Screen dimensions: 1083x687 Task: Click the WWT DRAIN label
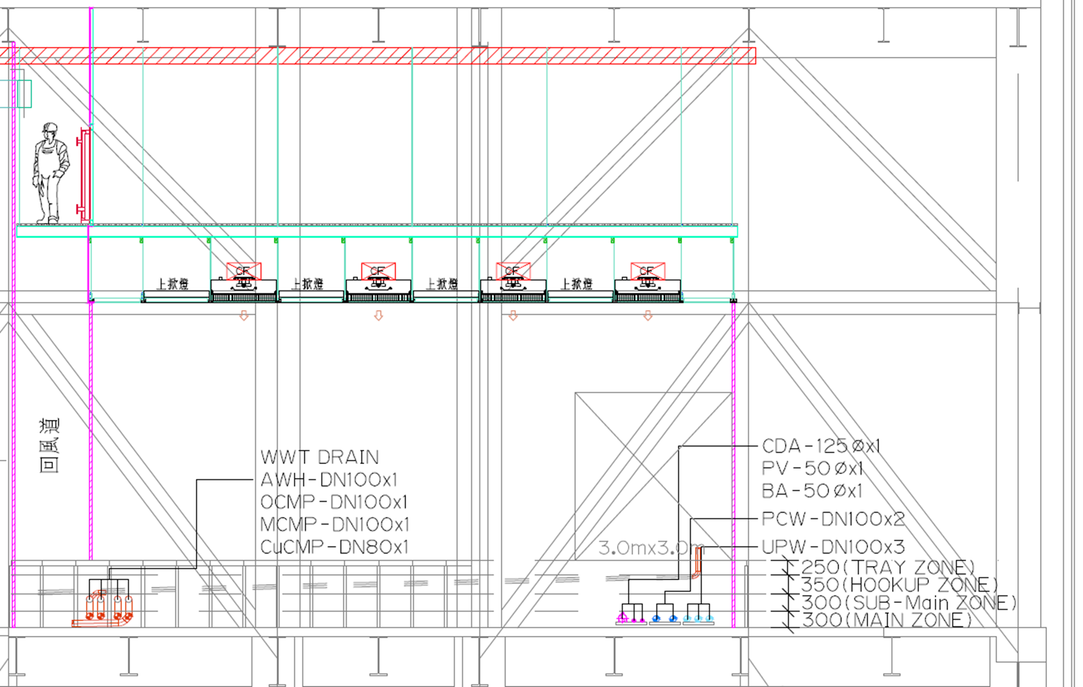tap(320, 458)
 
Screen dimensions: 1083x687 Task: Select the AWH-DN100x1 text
tap(329, 480)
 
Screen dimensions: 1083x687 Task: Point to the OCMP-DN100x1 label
tap(334, 502)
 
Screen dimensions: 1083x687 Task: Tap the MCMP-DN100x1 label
tap(335, 525)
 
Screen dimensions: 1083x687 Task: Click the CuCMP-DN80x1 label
tap(334, 547)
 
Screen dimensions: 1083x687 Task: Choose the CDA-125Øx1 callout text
tap(821, 447)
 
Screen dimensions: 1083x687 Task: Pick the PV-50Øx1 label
tap(812, 469)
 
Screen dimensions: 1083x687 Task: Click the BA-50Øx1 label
tap(812, 491)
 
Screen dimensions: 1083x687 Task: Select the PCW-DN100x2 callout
tap(833, 519)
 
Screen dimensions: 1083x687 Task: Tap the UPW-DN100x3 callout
tap(833, 547)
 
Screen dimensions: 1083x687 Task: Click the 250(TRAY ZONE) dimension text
tap(888, 567)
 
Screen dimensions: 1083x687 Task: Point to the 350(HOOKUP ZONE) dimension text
tap(899, 585)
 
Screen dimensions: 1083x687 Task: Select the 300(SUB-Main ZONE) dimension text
tap(909, 603)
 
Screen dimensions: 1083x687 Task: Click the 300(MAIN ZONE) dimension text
tap(887, 620)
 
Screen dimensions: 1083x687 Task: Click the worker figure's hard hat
tap(50, 127)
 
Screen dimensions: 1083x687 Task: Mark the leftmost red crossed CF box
tap(243, 271)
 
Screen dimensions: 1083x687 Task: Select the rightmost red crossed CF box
tap(648, 271)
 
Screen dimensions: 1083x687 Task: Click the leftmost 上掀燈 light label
tap(173, 284)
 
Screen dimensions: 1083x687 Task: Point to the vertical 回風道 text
tap(49, 445)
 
